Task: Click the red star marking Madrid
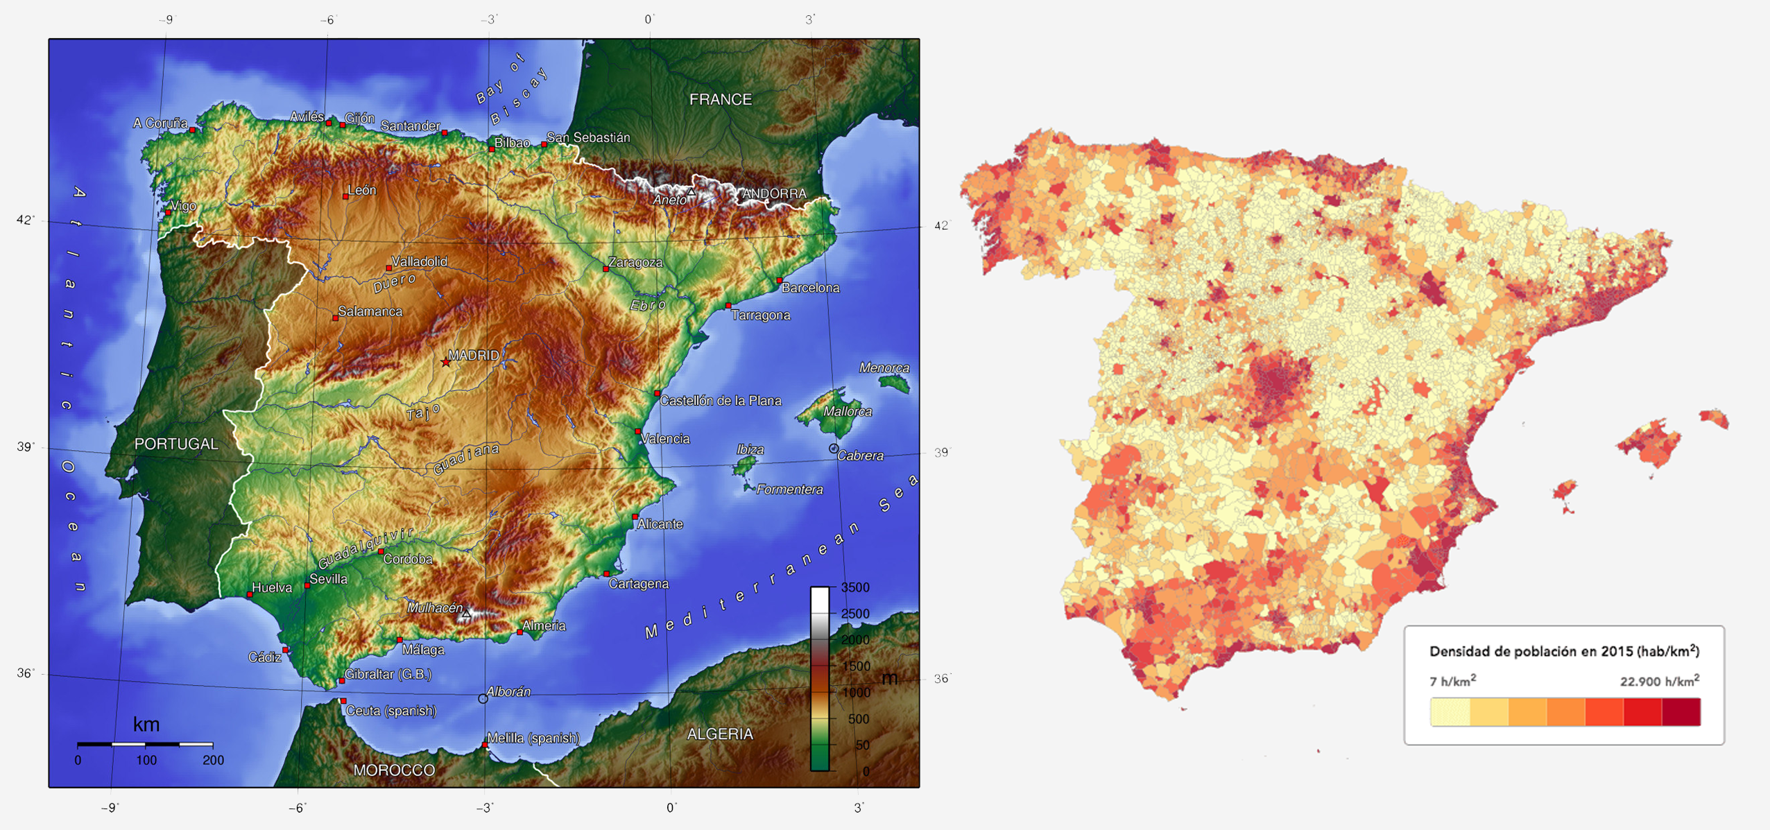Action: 445,362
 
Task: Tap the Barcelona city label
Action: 810,288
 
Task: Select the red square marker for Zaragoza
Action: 606,269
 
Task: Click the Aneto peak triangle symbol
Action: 691,191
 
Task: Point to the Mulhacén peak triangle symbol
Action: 467,614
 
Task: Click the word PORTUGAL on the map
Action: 176,444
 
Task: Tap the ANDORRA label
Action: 774,193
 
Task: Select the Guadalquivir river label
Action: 366,548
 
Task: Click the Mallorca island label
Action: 847,411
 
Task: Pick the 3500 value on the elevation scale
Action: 854,588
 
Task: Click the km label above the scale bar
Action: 146,725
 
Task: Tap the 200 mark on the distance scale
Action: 213,760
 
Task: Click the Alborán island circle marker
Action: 483,699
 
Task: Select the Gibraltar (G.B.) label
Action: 388,674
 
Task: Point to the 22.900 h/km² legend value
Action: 1659,682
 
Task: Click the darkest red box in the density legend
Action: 1681,712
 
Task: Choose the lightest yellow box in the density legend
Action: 1450,712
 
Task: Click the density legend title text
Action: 1564,651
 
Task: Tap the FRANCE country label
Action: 720,100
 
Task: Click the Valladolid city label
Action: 420,261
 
